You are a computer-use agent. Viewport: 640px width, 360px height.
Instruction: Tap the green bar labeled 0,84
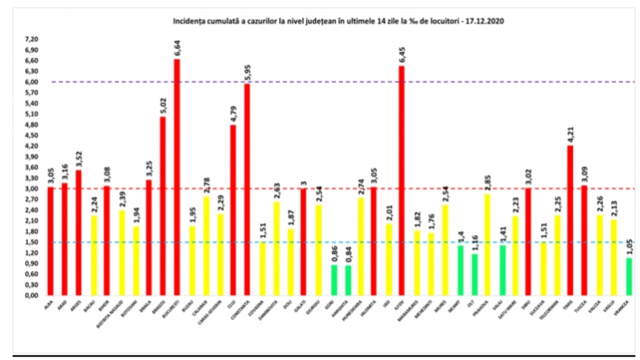[348, 280]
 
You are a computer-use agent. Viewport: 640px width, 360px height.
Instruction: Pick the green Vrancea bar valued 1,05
[629, 276]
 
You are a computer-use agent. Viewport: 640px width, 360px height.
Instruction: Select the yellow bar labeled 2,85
[487, 244]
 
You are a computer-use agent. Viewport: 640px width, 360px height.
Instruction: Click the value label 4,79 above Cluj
[234, 114]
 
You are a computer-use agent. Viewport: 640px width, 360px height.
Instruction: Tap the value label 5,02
[163, 106]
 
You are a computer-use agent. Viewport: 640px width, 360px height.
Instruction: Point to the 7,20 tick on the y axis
[32, 39]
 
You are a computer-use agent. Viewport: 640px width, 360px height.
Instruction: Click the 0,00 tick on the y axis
[32, 296]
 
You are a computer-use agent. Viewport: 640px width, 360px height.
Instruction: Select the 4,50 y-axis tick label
[32, 135]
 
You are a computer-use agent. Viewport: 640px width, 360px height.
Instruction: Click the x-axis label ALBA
[49, 305]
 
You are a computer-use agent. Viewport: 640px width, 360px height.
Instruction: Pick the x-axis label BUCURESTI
[171, 310]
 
